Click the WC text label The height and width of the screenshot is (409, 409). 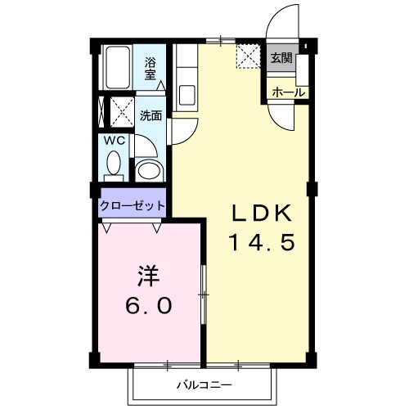tap(113, 140)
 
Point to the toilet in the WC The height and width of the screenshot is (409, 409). tap(114, 166)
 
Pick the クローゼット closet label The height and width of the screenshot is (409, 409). tap(133, 205)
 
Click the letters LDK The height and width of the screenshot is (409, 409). tap(259, 213)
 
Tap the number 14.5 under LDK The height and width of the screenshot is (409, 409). tap(259, 242)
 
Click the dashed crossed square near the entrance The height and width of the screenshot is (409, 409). tap(248, 56)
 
